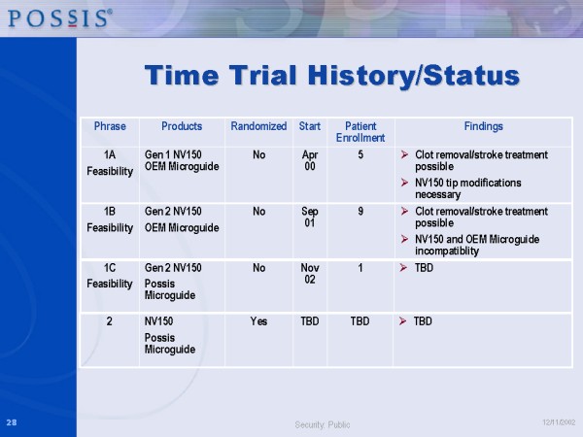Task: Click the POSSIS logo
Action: (x=60, y=18)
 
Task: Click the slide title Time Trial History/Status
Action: (x=332, y=76)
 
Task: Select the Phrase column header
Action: (x=110, y=126)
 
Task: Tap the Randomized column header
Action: (x=258, y=126)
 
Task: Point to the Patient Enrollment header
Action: (x=360, y=132)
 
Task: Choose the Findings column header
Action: (x=483, y=126)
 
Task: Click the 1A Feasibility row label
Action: (x=110, y=163)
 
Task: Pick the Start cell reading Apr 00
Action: (x=310, y=160)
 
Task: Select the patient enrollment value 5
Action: (x=360, y=155)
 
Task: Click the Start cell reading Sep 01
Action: (x=310, y=217)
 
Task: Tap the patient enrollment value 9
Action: (x=360, y=212)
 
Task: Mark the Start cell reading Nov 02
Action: (x=310, y=274)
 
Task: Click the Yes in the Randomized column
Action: (x=258, y=321)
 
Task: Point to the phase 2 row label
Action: (x=109, y=321)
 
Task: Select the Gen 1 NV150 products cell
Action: (x=182, y=160)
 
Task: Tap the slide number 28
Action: (x=12, y=422)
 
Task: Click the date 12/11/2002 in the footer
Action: (x=559, y=422)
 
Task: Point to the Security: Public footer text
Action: (x=323, y=424)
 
